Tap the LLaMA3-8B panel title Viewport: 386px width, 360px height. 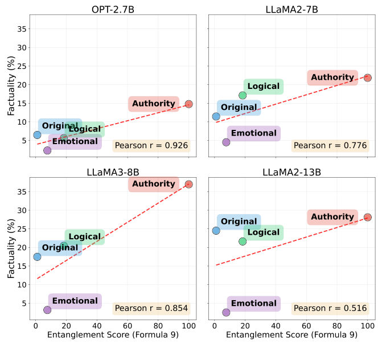(113, 172)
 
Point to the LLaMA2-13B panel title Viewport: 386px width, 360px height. (291, 172)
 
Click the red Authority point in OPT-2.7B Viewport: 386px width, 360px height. (188, 104)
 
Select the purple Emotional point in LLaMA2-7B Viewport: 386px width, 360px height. (226, 142)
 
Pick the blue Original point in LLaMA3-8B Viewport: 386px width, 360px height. (37, 257)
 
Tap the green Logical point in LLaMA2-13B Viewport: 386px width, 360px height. (243, 242)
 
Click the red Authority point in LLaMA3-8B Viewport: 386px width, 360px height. (188, 185)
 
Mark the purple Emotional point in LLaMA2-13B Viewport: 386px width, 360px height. (226, 312)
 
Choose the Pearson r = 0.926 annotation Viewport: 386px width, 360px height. (151, 146)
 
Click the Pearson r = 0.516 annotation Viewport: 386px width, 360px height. (330, 309)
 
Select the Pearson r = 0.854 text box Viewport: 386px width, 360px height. (151, 309)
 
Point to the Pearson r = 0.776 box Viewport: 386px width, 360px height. (330, 146)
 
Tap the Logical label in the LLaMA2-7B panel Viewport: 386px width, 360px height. (263, 87)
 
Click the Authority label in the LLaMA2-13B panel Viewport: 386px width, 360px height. (332, 217)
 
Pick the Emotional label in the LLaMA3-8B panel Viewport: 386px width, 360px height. (75, 301)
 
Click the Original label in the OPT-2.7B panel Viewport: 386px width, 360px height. (60, 126)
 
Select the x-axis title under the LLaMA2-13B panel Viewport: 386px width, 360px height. (291, 336)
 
